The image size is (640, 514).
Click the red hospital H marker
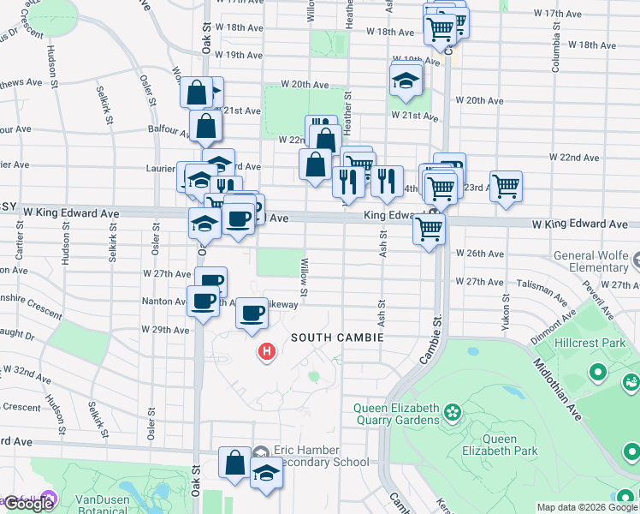267,351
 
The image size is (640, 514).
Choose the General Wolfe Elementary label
590,261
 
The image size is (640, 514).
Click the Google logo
28,504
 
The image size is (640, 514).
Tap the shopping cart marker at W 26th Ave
429,229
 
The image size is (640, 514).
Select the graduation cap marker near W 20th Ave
406,81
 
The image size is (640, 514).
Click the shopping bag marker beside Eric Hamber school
234,463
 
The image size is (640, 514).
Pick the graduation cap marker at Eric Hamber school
267,473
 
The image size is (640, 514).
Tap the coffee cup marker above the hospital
251,314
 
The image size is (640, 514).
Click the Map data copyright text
586,507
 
